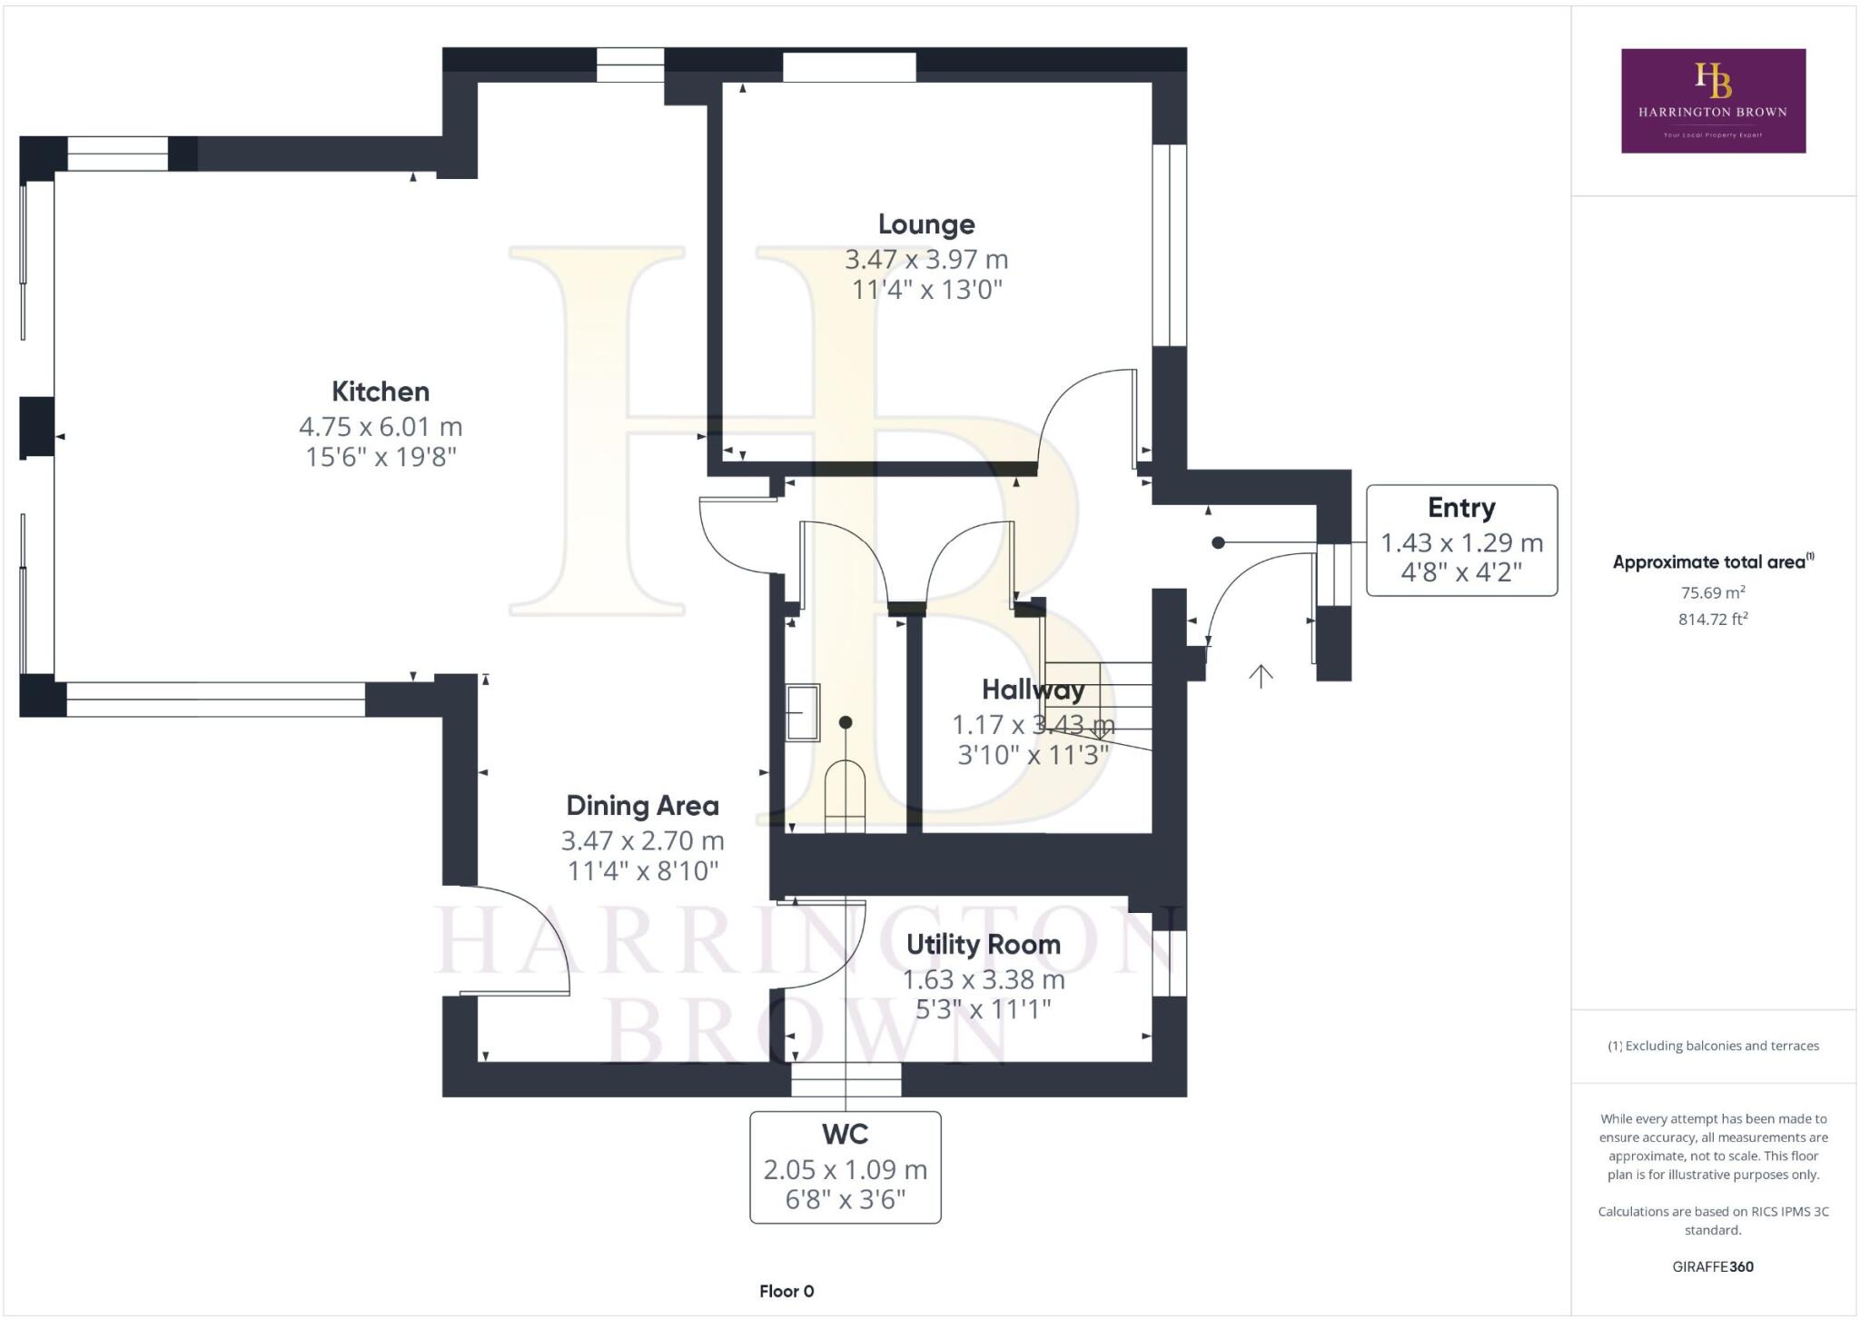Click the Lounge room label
(926, 224)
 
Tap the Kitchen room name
(381, 392)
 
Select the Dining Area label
(642, 806)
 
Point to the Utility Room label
(983, 945)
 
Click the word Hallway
(1033, 690)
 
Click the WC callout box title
(845, 1134)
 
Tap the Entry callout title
(1460, 508)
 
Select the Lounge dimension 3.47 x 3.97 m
(926, 260)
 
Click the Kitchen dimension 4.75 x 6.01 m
(381, 426)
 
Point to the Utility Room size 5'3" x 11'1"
(983, 1009)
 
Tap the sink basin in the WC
(803, 712)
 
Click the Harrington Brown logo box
(1713, 100)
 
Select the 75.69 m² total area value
(1713, 593)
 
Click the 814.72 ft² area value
(1713, 620)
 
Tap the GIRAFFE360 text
(1713, 1266)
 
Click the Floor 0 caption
(787, 1291)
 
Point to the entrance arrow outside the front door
(1261, 676)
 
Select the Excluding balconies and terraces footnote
(1713, 1046)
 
